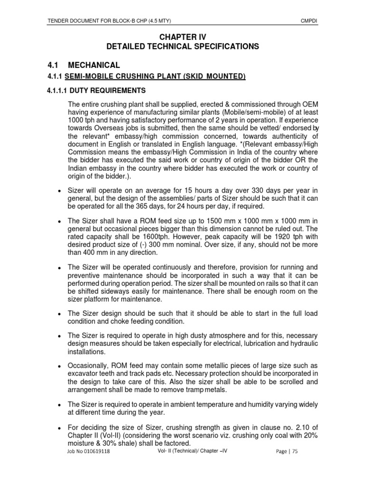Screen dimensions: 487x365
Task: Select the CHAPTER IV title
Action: pyautogui.click(x=182, y=36)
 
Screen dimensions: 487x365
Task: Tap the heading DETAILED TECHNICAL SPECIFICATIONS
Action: pyautogui.click(x=182, y=46)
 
